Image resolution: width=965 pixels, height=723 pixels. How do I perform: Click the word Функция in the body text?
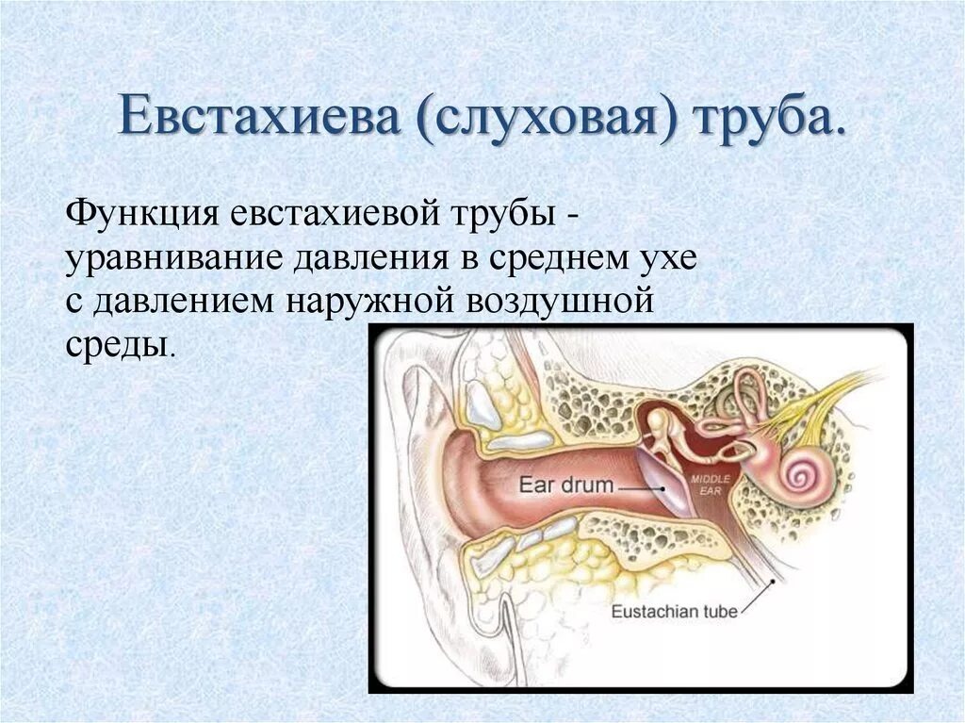coord(142,219)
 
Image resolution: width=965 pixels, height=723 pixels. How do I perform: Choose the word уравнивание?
coord(174,260)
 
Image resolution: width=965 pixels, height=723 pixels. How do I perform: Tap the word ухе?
coord(665,260)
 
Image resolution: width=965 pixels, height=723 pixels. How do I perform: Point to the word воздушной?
coord(560,303)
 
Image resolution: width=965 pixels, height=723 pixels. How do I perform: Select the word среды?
coord(116,346)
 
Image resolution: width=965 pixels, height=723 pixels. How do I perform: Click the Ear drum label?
coord(566,485)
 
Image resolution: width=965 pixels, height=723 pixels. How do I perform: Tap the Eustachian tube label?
coord(674,612)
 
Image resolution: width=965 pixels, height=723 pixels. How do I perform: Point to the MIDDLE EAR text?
coord(710,485)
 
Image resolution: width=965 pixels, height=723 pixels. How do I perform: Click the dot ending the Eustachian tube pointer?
coord(773,582)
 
